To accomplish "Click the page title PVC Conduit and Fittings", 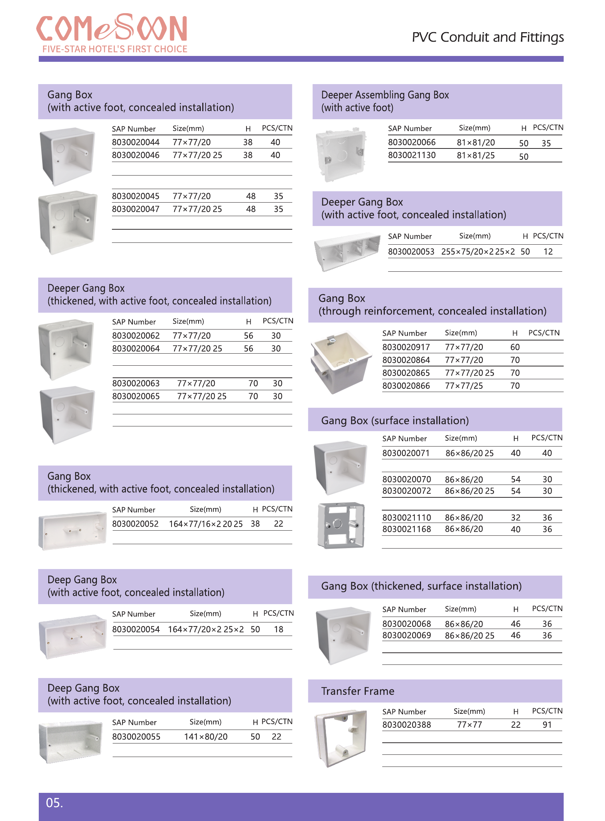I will coord(487,37).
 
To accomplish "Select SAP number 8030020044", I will coord(135,142).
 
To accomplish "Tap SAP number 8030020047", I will coord(135,209).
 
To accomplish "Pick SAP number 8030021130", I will coord(412,155).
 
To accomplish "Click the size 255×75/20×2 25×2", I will coord(478,252).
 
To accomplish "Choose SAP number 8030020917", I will coord(406,347).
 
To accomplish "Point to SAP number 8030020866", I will coord(406,385).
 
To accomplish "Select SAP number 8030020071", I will coord(406,453).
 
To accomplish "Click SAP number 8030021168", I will coord(406,529).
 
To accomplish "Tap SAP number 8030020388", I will coord(406,725).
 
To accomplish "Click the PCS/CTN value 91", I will coord(547,725).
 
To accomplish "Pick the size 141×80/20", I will coord(206,737).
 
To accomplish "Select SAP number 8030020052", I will coord(135,524).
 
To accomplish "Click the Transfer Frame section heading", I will coord(357,691).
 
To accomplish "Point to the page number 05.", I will coord(54,803).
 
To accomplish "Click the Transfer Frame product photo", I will coord(341,738).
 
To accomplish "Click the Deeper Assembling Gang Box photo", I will coord(341,154).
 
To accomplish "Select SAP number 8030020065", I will coord(136,396).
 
